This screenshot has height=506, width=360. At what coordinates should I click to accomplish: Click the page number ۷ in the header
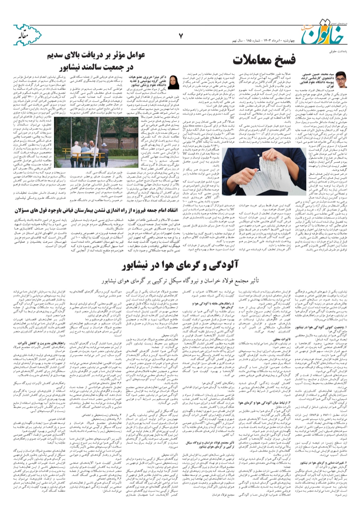point(181,36)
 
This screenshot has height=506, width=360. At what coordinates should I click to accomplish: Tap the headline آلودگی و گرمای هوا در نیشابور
point(180,265)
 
